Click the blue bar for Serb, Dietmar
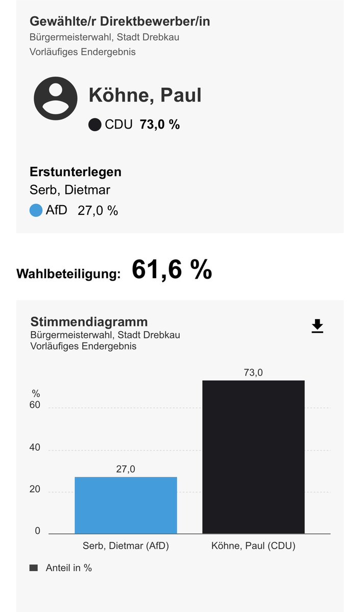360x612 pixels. (126, 505)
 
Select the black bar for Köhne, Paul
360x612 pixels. (253, 457)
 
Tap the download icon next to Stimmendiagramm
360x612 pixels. (318, 326)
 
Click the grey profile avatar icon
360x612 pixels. (56, 99)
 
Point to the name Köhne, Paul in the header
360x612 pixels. (145, 95)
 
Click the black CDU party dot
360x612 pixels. (94, 125)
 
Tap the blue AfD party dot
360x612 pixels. (36, 210)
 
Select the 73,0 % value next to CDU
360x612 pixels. (160, 125)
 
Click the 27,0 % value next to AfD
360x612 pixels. (98, 211)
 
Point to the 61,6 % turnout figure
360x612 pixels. (172, 270)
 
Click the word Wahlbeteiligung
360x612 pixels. (68, 274)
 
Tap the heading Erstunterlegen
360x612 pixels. (76, 172)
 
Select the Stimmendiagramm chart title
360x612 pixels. (89, 322)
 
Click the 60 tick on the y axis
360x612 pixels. (35, 405)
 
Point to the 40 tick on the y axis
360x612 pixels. (35, 447)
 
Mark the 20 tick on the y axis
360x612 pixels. (35, 489)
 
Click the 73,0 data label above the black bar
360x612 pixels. (253, 373)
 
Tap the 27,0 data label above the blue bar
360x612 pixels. (126, 469)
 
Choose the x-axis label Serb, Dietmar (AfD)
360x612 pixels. (126, 546)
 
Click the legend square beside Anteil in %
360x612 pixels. (34, 568)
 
